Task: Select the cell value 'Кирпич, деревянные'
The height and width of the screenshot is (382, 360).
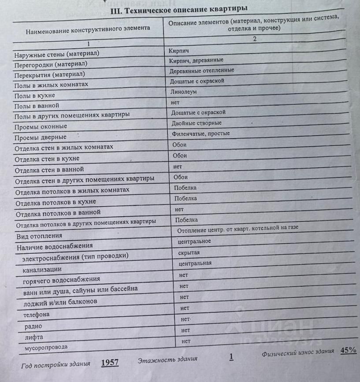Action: click(196, 60)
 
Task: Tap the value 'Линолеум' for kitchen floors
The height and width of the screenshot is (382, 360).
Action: click(183, 92)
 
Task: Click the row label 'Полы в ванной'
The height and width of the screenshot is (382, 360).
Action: click(37, 106)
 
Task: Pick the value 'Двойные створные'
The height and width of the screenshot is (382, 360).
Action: click(197, 123)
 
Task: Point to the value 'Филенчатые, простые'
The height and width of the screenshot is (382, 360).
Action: click(200, 134)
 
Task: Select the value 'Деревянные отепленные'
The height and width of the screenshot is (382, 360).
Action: click(202, 70)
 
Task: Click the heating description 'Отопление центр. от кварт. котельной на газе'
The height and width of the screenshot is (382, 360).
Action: click(238, 229)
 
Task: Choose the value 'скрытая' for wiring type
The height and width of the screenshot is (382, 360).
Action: click(189, 252)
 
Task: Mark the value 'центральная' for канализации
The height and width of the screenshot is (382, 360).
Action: click(195, 263)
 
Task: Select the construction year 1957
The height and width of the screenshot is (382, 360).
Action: click(110, 363)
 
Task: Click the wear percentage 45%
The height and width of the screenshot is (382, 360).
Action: click(348, 351)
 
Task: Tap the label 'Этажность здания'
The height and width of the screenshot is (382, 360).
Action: click(167, 360)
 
